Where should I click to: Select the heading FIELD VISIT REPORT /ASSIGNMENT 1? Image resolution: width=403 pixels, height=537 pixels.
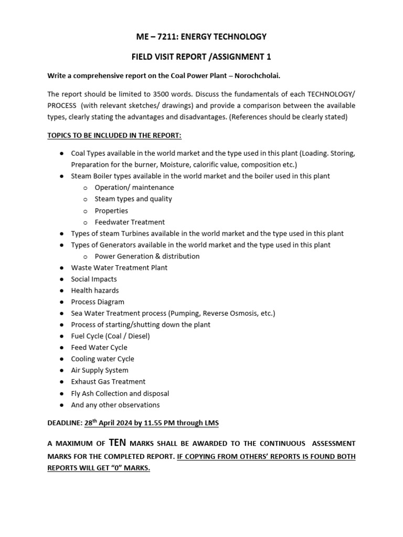tap(201, 56)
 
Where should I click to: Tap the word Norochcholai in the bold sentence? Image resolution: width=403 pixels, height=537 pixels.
tap(257, 76)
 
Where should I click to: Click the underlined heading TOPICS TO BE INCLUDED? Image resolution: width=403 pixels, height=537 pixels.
tap(114, 135)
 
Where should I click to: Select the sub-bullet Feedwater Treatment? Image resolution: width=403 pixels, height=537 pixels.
tap(130, 222)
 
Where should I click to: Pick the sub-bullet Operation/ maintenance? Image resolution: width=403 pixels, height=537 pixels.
tap(134, 187)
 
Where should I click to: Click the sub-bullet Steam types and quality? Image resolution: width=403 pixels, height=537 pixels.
tap(133, 199)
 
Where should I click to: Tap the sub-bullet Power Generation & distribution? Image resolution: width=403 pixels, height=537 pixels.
tap(147, 256)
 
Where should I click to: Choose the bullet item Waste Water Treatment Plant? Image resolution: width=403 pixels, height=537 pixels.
tap(119, 267)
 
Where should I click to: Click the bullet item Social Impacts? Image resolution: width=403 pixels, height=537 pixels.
tap(94, 279)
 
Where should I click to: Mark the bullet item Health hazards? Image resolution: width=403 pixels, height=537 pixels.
tap(95, 291)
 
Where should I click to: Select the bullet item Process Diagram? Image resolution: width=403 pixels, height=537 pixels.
tap(98, 302)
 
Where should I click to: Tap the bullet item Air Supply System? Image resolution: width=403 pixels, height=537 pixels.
tap(100, 370)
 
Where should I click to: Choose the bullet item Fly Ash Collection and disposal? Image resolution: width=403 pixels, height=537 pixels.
tap(120, 393)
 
